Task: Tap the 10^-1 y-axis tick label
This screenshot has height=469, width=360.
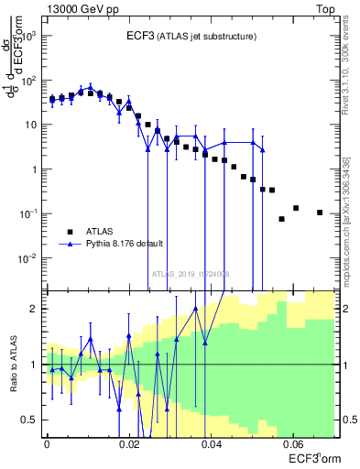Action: coord(29,213)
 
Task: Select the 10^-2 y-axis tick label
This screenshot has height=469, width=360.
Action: coord(29,257)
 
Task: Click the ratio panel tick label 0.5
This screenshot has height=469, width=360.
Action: coord(32,420)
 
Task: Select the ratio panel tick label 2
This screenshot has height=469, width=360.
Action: coord(36,310)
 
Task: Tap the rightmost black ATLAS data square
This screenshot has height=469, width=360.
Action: coord(320,213)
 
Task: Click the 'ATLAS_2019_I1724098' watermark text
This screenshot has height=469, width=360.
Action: coord(191,274)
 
